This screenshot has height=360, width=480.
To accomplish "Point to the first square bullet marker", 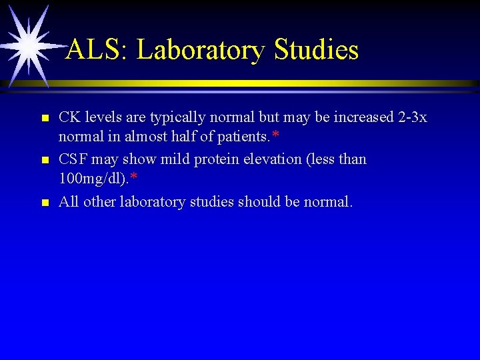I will (45, 119).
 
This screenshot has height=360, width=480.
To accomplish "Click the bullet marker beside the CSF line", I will (45, 161).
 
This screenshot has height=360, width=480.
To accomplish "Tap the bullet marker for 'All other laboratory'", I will (45, 203).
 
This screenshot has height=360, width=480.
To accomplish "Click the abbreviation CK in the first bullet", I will (69, 117).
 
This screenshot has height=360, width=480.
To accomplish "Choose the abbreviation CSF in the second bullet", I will (74, 159).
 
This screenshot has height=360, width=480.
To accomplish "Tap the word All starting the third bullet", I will (69, 201).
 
